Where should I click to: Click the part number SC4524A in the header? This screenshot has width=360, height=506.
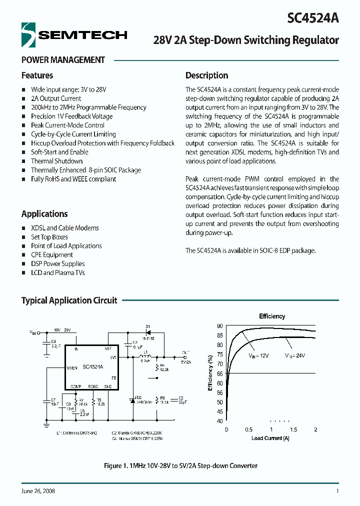(x=313, y=18)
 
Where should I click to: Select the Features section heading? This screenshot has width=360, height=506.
(x=37, y=75)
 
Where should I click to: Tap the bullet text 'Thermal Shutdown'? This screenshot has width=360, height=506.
(x=56, y=161)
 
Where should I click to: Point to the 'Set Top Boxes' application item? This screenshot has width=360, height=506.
(x=49, y=237)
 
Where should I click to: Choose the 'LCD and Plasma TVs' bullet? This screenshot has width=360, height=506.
(x=57, y=272)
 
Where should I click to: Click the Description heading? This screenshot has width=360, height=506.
(x=206, y=75)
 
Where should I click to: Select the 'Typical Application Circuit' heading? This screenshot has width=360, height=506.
(x=69, y=300)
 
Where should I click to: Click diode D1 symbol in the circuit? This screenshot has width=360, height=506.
(x=147, y=331)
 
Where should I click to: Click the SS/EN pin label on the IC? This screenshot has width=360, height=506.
(x=72, y=367)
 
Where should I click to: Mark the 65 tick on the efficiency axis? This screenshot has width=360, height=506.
(x=219, y=373)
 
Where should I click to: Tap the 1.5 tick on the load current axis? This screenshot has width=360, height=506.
(x=293, y=430)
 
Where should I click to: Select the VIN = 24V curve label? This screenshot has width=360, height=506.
(x=295, y=355)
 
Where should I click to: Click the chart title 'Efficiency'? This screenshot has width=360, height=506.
(x=272, y=316)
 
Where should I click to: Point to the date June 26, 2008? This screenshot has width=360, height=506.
(x=38, y=491)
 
